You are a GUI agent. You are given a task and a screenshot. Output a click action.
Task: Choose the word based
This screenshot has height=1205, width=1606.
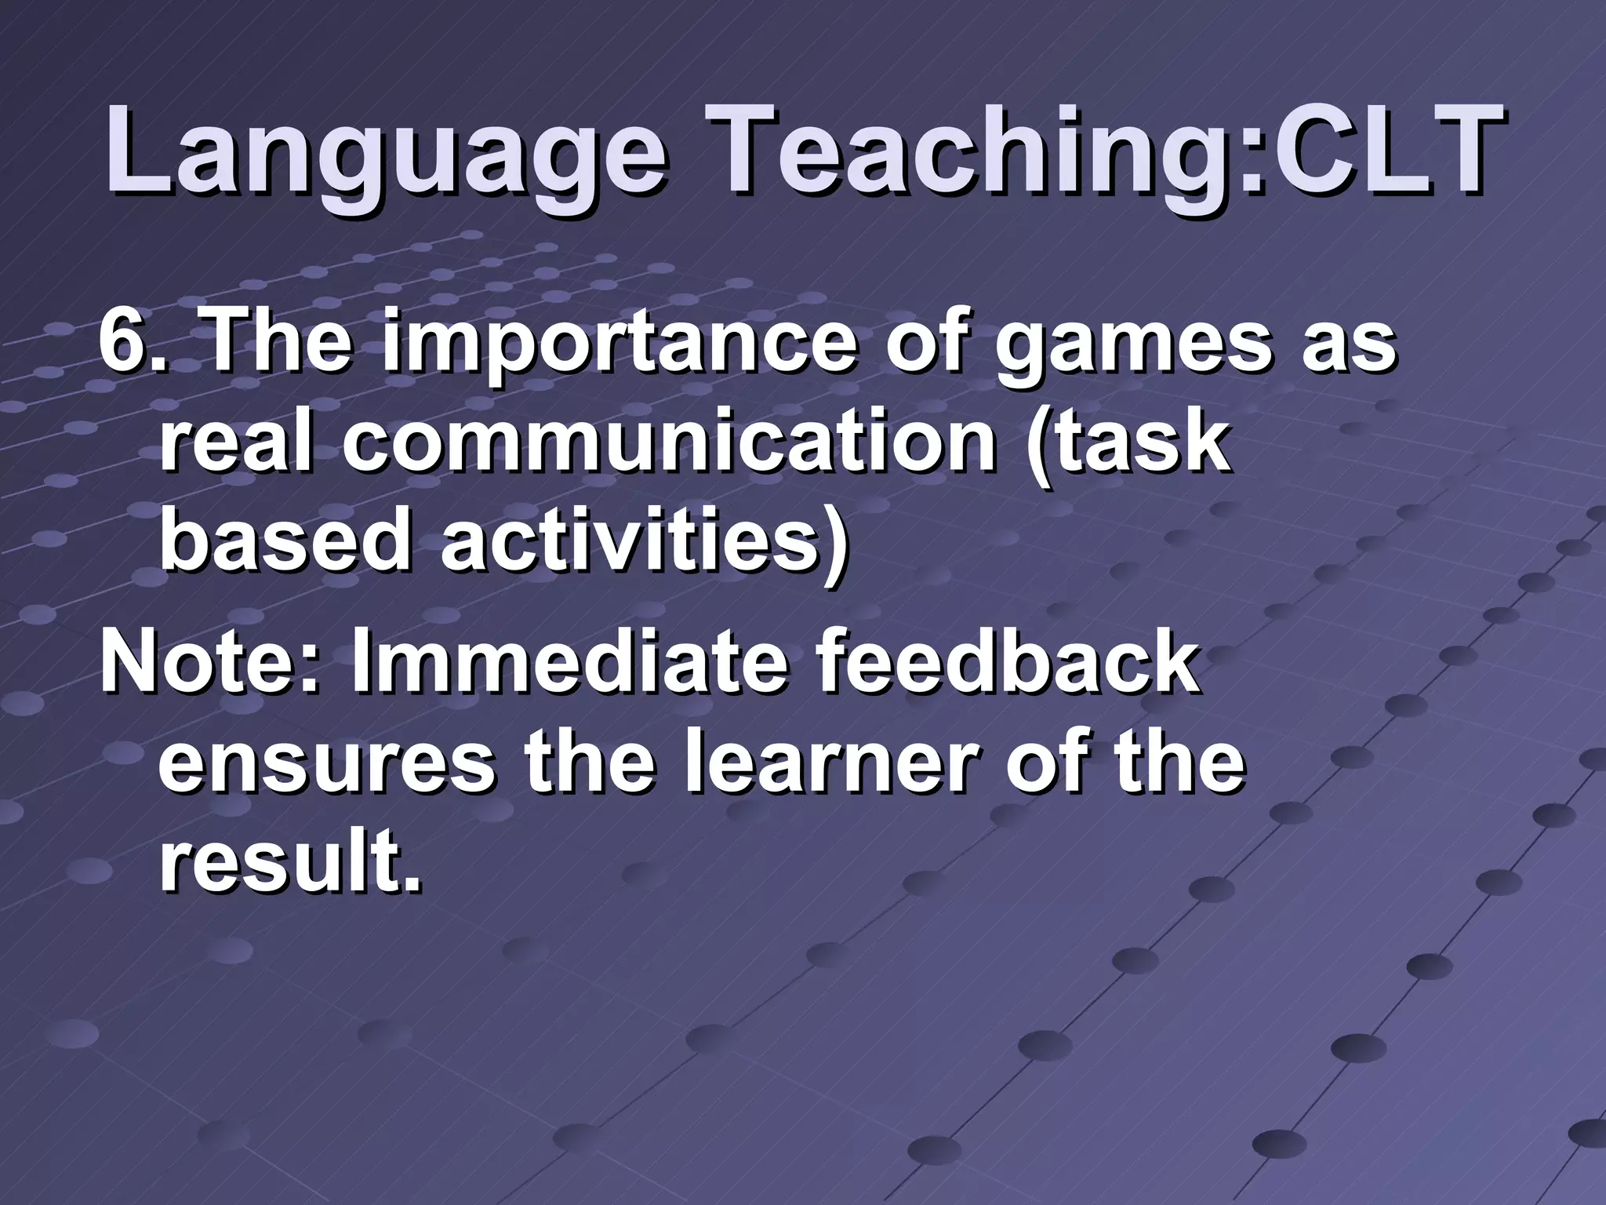click(x=285, y=541)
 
